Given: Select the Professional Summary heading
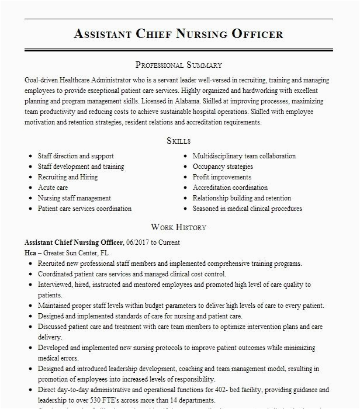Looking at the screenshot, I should [x=179, y=65].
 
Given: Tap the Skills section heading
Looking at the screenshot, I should [x=179, y=141].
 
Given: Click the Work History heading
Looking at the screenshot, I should [x=179, y=227].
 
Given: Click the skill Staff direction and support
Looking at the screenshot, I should [x=76, y=156].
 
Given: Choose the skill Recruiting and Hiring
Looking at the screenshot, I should [x=68, y=177].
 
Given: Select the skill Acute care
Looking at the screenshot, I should [x=53, y=188].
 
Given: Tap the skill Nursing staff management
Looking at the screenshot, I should [x=74, y=198].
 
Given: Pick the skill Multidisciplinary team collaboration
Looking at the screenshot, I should [x=244, y=156].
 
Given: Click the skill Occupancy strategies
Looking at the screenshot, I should [x=223, y=167].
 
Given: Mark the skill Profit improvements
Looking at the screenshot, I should [x=222, y=177].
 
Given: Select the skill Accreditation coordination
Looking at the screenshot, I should [x=230, y=188].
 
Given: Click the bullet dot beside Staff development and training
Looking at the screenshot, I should [x=30, y=167].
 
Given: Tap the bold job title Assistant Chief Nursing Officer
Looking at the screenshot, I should [x=74, y=242].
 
